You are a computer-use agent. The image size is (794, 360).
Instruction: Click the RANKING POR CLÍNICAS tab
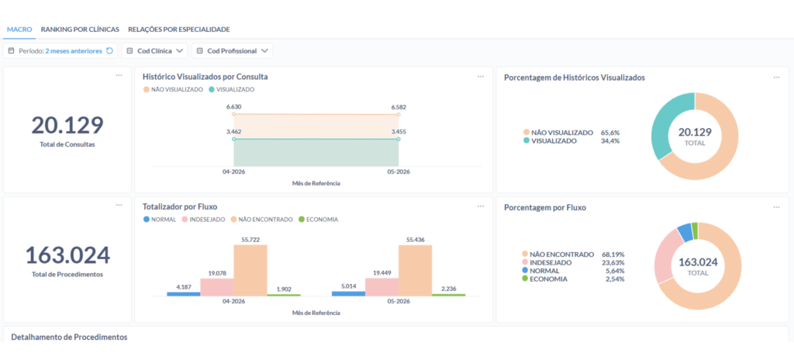pyautogui.click(x=80, y=29)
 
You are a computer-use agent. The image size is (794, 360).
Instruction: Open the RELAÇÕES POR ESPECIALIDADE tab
pyautogui.click(x=179, y=29)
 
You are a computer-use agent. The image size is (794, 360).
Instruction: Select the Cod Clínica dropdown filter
pyautogui.click(x=154, y=50)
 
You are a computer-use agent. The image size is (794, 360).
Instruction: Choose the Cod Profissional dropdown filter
pyautogui.click(x=232, y=50)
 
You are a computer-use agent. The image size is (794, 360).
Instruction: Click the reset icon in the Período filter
pyautogui.click(x=109, y=50)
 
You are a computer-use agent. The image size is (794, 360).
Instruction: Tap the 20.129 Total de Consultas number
pyautogui.click(x=67, y=125)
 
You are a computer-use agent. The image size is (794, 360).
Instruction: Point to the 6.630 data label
pyautogui.click(x=234, y=107)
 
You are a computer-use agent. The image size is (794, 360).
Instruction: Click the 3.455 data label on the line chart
pyautogui.click(x=399, y=131)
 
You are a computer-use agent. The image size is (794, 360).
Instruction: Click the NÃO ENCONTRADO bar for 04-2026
pyautogui.click(x=250, y=270)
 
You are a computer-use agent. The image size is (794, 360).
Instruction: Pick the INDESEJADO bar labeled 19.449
pyautogui.click(x=381, y=287)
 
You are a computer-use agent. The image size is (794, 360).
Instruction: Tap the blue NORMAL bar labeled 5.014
pyautogui.click(x=348, y=293)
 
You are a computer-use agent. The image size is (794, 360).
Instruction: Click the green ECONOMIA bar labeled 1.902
pyautogui.click(x=284, y=295)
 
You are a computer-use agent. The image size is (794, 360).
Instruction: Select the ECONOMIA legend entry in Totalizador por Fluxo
pyautogui.click(x=318, y=220)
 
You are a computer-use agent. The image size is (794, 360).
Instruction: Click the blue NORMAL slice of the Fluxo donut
pyautogui.click(x=685, y=232)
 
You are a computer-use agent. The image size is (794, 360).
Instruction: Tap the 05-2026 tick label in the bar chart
pyautogui.click(x=399, y=302)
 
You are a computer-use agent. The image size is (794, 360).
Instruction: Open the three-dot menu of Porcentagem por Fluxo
pyautogui.click(x=776, y=207)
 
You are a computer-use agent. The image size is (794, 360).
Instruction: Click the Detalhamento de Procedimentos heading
pyautogui.click(x=69, y=337)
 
